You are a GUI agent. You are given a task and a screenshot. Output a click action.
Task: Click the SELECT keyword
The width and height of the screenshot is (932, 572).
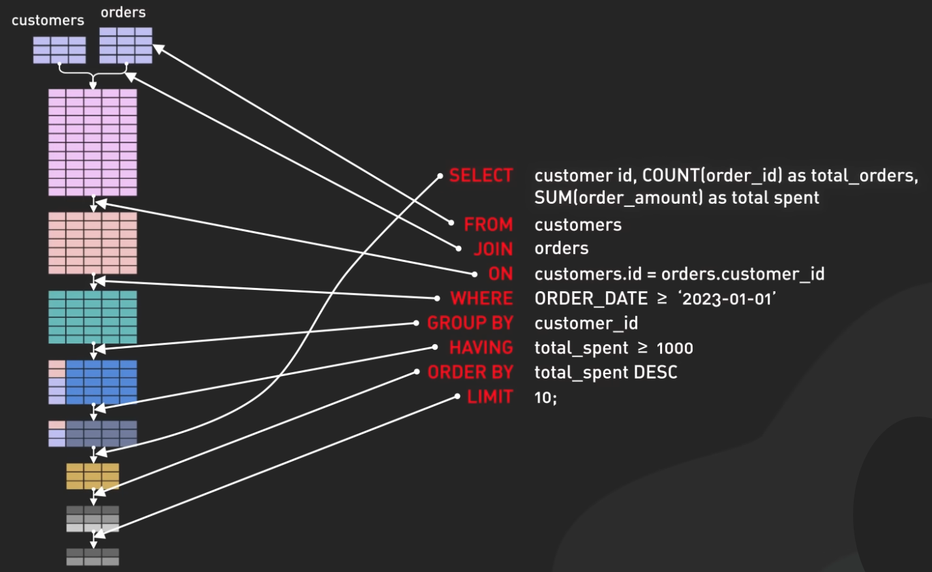click(481, 176)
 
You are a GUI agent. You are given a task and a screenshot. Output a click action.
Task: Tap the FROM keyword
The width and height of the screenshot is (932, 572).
click(488, 225)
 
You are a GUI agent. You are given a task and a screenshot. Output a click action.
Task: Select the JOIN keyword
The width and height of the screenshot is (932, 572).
click(493, 249)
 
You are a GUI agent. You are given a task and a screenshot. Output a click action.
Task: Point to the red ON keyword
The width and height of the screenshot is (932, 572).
click(500, 274)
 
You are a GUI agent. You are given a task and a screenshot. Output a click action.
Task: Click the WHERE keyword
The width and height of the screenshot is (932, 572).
click(481, 298)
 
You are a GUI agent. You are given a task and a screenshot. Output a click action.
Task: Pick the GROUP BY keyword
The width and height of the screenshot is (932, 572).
click(470, 323)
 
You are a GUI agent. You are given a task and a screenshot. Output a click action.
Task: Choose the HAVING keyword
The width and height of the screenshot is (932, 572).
click(481, 347)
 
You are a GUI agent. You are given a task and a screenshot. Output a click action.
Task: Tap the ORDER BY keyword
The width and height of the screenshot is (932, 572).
click(470, 372)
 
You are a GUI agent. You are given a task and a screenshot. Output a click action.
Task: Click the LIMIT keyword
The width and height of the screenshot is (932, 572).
click(490, 397)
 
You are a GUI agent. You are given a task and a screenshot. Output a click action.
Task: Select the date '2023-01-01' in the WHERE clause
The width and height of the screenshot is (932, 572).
click(727, 299)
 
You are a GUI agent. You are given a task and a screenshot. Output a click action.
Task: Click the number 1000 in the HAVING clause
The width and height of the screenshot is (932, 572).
click(674, 348)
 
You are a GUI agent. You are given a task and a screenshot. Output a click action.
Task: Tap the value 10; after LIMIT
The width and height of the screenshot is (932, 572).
click(545, 398)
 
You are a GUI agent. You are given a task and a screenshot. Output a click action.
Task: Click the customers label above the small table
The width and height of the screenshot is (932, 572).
click(48, 20)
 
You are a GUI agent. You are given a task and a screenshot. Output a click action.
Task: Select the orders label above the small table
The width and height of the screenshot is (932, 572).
click(123, 12)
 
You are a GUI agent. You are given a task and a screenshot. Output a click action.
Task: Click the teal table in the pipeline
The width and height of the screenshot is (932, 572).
click(93, 317)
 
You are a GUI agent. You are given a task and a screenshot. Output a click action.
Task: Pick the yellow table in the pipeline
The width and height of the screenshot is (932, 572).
click(93, 476)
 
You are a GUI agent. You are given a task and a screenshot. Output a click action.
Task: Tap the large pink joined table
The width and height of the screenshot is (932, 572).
click(93, 142)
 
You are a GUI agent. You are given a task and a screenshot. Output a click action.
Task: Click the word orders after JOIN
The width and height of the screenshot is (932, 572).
click(561, 249)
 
